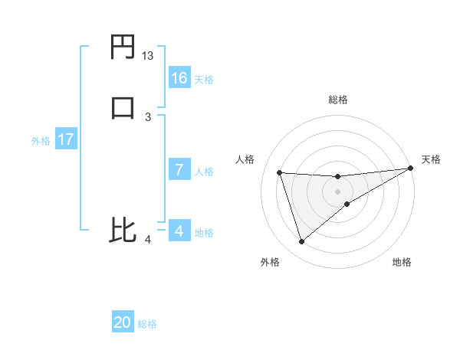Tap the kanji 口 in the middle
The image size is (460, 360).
coord(123,107)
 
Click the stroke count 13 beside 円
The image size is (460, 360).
coord(148,56)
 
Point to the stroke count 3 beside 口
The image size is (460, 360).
coord(148,116)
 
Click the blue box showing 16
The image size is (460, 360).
coord(179,78)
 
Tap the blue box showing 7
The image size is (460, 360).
coord(179,170)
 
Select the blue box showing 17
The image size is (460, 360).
coord(66,140)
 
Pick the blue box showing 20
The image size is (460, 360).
coord(123,322)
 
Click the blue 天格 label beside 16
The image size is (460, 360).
coord(204,80)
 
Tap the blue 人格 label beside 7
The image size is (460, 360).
coord(204,172)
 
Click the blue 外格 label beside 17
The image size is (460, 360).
coord(41,141)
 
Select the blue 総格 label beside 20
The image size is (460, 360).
coord(147,324)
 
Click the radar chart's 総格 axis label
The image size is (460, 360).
coord(338,100)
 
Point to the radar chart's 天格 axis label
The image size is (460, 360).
coord(431,159)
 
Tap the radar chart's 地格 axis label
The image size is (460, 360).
coord(402,262)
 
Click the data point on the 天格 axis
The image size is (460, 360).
coord(410,169)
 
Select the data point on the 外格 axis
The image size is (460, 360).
coord(301,242)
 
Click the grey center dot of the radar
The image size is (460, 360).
coord(338,191)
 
